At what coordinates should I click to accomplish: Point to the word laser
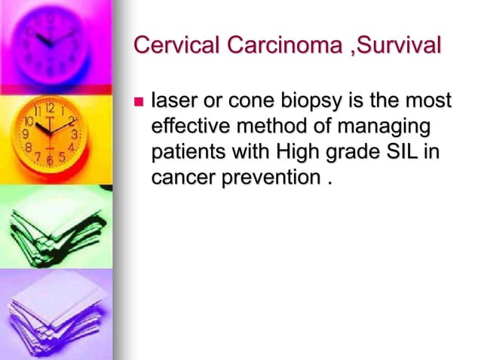click(x=172, y=100)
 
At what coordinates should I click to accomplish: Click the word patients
click(x=185, y=152)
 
